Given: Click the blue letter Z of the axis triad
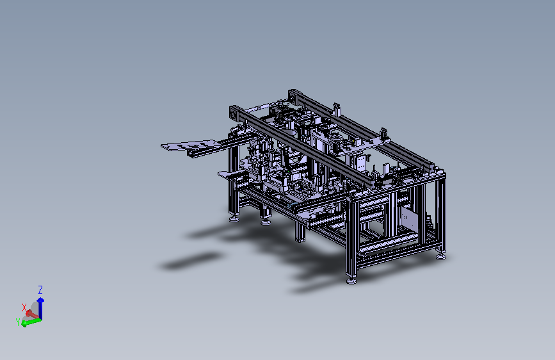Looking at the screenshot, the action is click(x=40, y=290).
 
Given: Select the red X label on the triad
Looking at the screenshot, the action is click(x=24, y=307).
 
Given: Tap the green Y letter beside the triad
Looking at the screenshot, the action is click(x=18, y=322).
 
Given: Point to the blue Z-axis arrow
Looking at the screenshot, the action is click(x=41, y=308).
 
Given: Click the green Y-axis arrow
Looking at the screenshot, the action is click(x=31, y=322).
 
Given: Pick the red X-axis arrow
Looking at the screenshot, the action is click(x=32, y=314).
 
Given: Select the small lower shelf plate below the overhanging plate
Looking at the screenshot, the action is click(x=229, y=174).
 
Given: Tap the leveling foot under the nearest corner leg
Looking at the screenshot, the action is click(x=351, y=281).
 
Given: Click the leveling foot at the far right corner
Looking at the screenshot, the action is click(x=441, y=256).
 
